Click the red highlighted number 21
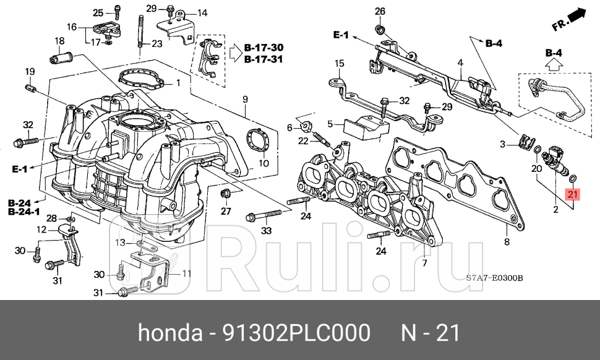(572, 194)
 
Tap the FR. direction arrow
(568, 19)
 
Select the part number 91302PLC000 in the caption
(291, 333)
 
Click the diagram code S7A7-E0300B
(494, 278)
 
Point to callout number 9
(245, 99)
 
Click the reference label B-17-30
(264, 48)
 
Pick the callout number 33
(267, 231)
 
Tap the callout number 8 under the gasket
(507, 242)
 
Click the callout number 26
(380, 11)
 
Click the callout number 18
(59, 41)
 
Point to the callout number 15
(339, 63)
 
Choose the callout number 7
(424, 263)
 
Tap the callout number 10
(264, 164)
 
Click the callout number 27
(226, 211)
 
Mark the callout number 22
(303, 141)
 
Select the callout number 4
(460, 62)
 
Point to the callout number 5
(331, 124)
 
